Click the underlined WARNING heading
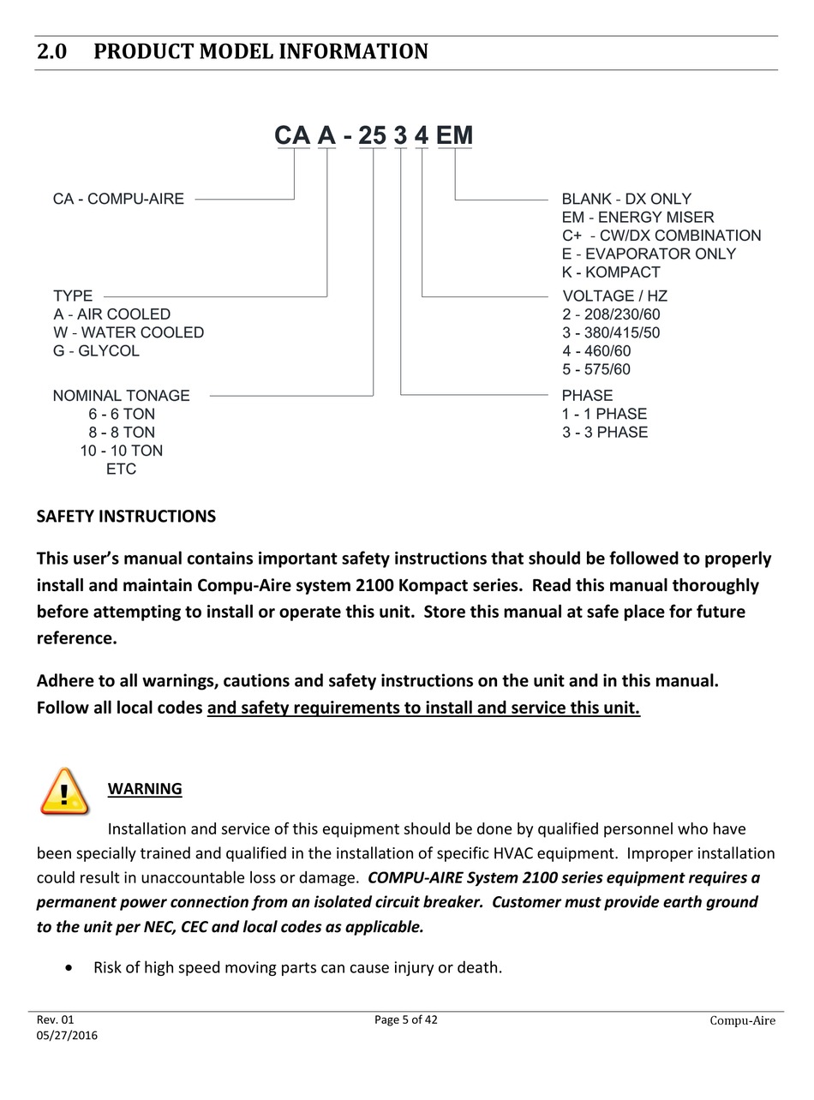coord(145,789)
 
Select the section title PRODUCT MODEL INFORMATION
coord(260,52)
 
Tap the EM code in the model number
coord(454,135)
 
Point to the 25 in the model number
coord(373,135)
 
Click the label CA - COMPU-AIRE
coord(118,199)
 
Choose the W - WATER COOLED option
coord(129,332)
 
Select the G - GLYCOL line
coord(96,351)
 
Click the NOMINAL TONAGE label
coord(122,396)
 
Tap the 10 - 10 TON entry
coord(122,451)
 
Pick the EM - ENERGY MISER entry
coord(637,218)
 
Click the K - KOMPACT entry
coord(611,272)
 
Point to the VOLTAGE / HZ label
coord(614,296)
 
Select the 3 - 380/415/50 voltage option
coord(611,333)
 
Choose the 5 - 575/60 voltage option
coord(596,370)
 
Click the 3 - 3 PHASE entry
coord(605,433)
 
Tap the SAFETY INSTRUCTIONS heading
coord(126,517)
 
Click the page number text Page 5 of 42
coord(406,1019)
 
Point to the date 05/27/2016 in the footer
coord(67,1036)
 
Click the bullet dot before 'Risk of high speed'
coord(69,968)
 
